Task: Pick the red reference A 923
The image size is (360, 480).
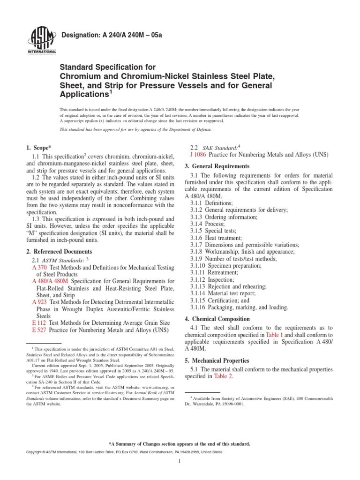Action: [39, 302]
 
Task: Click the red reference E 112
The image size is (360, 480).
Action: [39, 323]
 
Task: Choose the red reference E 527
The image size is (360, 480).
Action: [39, 330]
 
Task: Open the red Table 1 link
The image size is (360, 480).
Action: [272, 335]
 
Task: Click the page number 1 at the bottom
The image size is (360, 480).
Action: [180, 461]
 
